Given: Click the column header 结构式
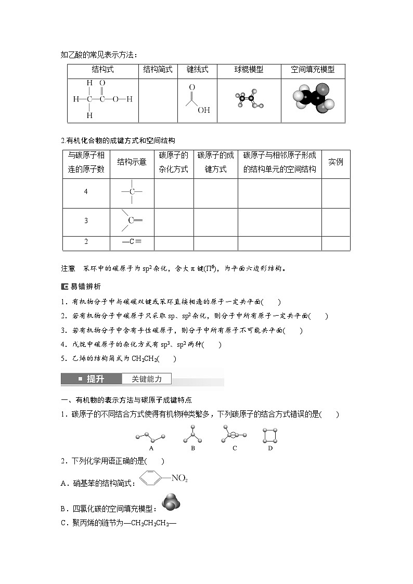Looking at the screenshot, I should pyautogui.click(x=102, y=70).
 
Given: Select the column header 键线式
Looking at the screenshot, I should pyautogui.click(x=197, y=70).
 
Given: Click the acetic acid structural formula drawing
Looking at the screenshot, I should pyautogui.click(x=102, y=99).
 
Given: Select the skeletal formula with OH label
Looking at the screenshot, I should pyautogui.click(x=197, y=99).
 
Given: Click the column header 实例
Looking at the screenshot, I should pyautogui.click(x=335, y=162).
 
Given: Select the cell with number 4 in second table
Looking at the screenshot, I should pyautogui.click(x=86, y=192).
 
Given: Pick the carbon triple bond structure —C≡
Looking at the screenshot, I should pyautogui.click(x=132, y=242).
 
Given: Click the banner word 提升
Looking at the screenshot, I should pyautogui.click(x=95, y=379).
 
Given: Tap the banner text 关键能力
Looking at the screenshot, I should pyautogui.click(x=146, y=379).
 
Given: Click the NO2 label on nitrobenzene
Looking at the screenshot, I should pyautogui.click(x=179, y=478).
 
